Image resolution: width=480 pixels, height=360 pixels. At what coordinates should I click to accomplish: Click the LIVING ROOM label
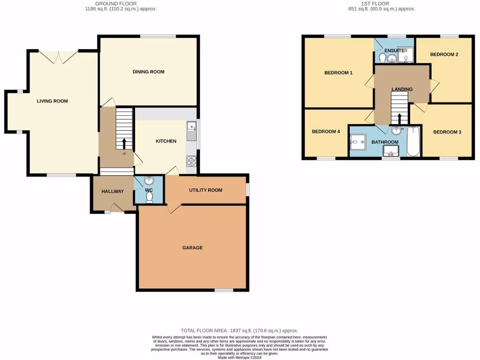click(52, 101)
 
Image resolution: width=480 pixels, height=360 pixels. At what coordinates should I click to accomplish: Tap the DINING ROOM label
click(148, 72)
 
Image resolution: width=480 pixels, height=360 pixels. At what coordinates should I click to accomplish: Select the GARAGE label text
click(192, 247)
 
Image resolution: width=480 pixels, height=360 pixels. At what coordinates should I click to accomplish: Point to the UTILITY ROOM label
click(205, 190)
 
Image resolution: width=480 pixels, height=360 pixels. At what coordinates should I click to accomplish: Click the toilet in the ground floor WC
click(150, 198)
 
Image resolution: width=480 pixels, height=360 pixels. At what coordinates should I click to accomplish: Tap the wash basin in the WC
click(150, 181)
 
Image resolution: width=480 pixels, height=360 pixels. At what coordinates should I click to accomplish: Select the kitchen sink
click(191, 131)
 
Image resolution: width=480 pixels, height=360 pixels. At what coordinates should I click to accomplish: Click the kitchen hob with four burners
click(192, 161)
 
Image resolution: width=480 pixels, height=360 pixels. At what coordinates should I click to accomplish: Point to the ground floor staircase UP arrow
click(124, 143)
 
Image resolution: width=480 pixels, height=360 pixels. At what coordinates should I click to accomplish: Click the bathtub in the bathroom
click(414, 142)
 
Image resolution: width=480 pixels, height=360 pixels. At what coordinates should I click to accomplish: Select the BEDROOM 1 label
click(338, 73)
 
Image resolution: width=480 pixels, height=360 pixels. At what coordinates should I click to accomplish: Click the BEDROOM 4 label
click(326, 132)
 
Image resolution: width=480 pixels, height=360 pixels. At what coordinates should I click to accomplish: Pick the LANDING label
click(402, 89)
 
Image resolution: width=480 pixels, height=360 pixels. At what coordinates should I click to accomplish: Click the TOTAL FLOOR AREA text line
click(240, 330)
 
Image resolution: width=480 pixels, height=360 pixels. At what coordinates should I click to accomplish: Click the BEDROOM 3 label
click(447, 132)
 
